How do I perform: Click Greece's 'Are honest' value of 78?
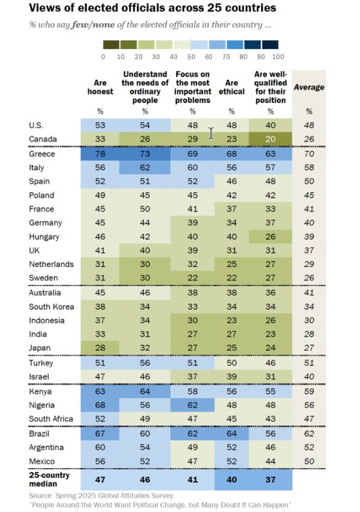pyautogui.click(x=100, y=154)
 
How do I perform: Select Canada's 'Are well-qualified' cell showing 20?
pyautogui.click(x=271, y=139)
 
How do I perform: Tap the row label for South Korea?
pyautogui.click(x=51, y=307)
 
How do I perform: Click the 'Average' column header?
pyautogui.click(x=308, y=87)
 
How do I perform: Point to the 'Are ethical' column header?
pyautogui.click(x=232, y=88)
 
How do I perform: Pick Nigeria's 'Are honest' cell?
pyautogui.click(x=100, y=405)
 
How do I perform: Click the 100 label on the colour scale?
pyautogui.click(x=278, y=57)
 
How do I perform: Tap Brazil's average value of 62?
pyautogui.click(x=308, y=433)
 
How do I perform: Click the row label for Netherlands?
pyautogui.click(x=51, y=265)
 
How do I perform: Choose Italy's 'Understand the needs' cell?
pyautogui.click(x=145, y=168)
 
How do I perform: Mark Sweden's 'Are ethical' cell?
pyautogui.click(x=232, y=278)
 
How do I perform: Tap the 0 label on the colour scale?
pyautogui.click(x=103, y=57)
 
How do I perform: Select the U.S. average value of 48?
pyautogui.click(x=308, y=125)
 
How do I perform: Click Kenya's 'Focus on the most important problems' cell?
pyautogui.click(x=192, y=391)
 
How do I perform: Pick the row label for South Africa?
pyautogui.click(x=51, y=419)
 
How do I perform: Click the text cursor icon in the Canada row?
pyautogui.click(x=211, y=134)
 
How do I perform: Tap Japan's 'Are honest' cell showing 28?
pyautogui.click(x=100, y=347)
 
